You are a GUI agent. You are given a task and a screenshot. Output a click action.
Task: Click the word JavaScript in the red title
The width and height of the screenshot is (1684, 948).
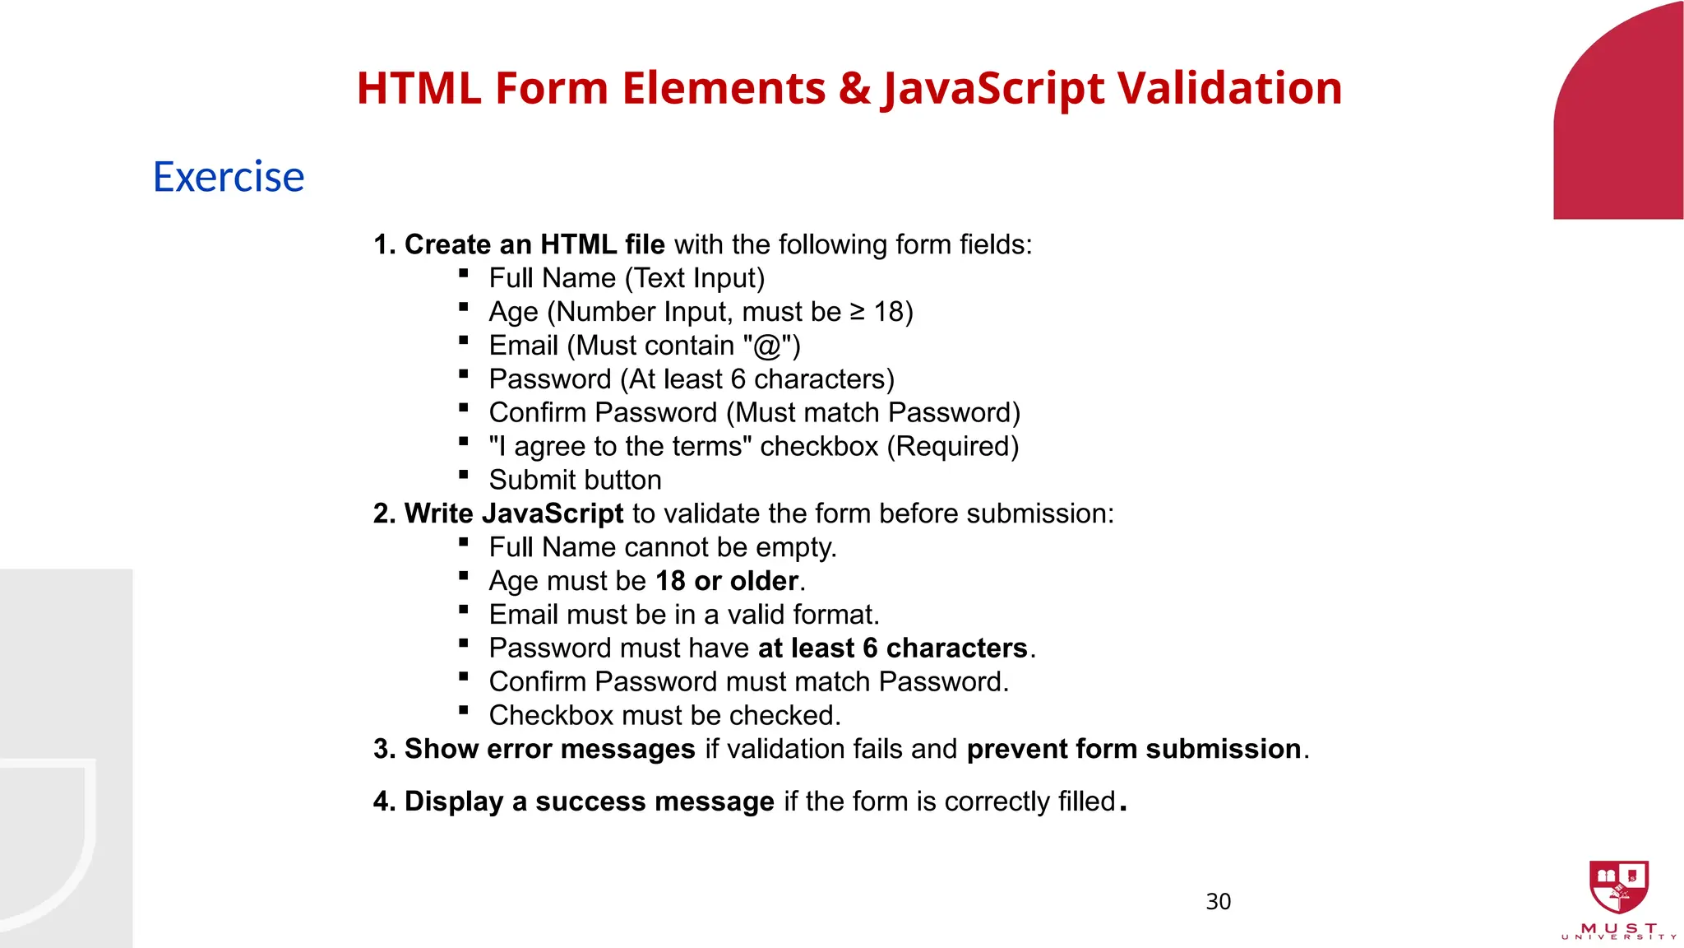[993, 88]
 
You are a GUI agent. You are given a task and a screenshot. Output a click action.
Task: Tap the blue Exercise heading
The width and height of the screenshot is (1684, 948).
[229, 177]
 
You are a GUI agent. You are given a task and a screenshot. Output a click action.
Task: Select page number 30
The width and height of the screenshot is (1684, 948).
[1218, 902]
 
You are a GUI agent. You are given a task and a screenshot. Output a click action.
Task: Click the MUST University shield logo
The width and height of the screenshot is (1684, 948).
[1618, 887]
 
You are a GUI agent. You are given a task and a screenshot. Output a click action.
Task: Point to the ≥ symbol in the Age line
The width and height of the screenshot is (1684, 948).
[857, 312]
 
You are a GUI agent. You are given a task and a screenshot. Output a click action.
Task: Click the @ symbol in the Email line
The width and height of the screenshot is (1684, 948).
[766, 346]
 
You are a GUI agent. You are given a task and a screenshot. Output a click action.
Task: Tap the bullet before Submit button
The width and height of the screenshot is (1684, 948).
[464, 475]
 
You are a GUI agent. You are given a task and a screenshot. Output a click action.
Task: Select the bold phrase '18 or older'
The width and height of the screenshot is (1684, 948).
[727, 581]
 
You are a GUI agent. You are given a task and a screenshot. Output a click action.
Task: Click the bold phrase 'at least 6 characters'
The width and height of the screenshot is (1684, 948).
[892, 648]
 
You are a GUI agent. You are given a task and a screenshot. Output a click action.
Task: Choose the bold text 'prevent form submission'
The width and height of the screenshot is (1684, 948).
[1133, 749]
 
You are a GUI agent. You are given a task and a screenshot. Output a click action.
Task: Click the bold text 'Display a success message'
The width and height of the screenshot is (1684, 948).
[589, 802]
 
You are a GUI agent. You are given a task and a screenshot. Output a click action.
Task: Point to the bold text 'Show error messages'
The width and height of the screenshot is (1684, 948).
[549, 749]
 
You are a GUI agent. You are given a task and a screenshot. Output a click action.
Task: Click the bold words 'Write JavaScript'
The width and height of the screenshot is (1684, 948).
[513, 513]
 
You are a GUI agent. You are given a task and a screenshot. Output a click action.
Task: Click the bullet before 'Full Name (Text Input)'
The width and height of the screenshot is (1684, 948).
[464, 273]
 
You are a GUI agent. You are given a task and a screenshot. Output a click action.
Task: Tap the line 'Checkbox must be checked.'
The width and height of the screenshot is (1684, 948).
[664, 716]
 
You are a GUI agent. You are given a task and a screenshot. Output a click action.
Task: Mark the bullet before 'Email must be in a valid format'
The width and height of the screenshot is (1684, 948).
[464, 610]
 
